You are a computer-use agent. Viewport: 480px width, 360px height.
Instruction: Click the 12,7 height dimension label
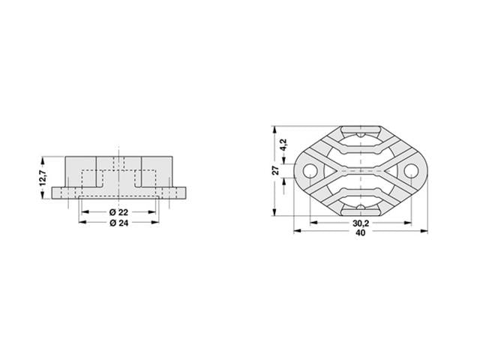pos(43,178)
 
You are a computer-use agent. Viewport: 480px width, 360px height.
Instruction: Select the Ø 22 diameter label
pos(118,212)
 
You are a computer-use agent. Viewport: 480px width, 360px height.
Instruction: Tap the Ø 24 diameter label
pos(118,223)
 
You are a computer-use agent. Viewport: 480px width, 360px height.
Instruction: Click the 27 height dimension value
pos(275,170)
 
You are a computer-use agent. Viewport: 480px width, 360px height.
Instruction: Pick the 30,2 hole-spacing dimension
pos(359,223)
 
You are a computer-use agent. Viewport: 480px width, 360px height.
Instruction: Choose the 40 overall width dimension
pos(359,233)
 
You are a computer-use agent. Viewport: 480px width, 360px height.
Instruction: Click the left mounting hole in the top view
pos(308,171)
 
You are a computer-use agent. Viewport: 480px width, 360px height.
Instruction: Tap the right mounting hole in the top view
pos(410,171)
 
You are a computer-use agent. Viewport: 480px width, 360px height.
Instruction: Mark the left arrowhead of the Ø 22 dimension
pos(83,212)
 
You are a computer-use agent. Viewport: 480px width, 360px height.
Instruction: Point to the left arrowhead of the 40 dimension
pos(295,232)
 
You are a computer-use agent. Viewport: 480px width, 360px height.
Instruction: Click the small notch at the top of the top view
pos(359,133)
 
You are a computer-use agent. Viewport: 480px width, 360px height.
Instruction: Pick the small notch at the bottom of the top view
pos(359,207)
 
